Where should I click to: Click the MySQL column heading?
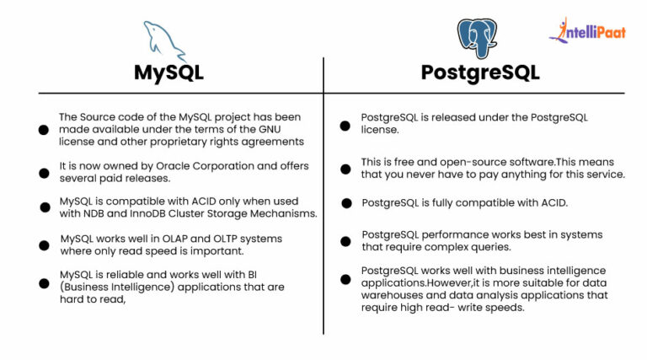168,73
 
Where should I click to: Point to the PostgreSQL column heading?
480,73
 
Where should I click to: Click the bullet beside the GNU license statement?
44,130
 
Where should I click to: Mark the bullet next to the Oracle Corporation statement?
44,173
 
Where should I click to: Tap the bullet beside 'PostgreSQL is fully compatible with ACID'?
345,203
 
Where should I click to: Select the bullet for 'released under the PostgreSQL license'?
345,125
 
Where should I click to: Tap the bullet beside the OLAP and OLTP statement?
44,245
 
